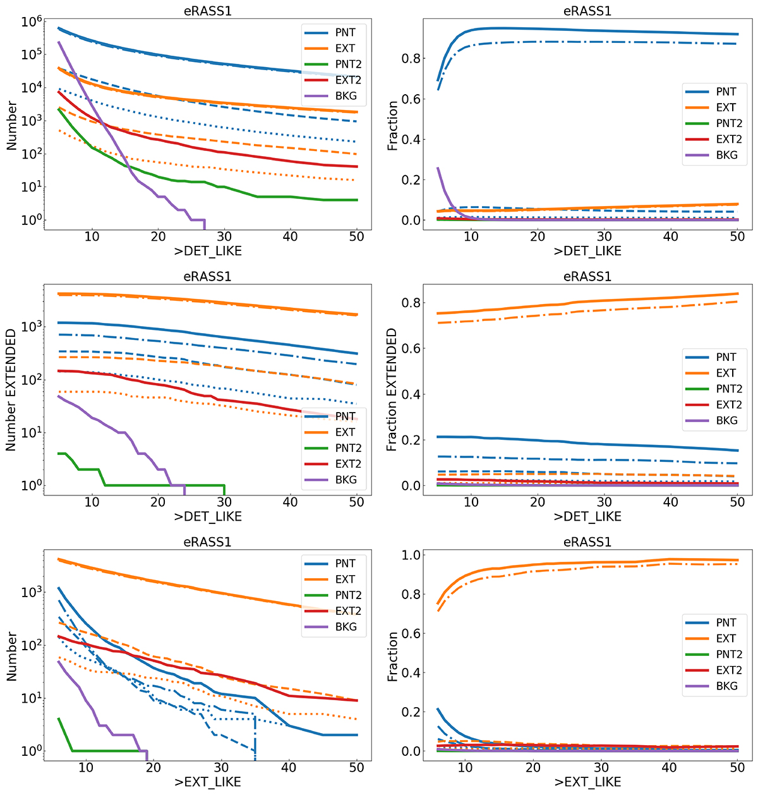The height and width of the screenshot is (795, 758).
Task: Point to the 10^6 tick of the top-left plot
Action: click(31, 21)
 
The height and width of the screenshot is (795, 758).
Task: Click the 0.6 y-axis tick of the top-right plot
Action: click(411, 99)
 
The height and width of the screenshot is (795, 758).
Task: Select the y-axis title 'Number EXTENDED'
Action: click(11, 389)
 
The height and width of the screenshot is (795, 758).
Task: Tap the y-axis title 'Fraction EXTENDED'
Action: click(392, 389)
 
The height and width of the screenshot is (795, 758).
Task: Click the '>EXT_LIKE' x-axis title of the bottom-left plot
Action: click(207, 782)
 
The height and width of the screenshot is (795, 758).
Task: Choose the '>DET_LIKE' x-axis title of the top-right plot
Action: click(587, 251)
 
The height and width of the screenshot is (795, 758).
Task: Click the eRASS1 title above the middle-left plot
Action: click(207, 277)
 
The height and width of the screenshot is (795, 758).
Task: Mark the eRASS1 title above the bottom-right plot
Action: click(587, 542)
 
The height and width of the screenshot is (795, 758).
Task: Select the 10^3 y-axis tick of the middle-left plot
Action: click(31, 327)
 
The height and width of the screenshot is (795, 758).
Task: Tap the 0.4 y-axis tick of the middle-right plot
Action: click(411, 394)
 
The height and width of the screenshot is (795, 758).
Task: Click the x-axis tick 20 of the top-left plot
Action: click(158, 236)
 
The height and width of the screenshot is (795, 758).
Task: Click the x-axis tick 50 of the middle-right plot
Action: click(737, 502)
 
